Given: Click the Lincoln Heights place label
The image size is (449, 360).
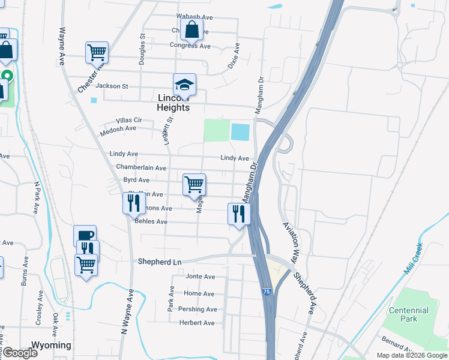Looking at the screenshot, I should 173,103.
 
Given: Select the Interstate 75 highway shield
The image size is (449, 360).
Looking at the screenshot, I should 266,292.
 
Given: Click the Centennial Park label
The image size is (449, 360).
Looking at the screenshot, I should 409,314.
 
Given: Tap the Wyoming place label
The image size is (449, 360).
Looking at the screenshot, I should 51,346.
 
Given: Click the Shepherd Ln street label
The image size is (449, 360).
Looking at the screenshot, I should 160,262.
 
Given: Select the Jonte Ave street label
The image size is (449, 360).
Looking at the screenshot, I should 200,277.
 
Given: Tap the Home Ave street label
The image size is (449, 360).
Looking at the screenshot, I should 199,293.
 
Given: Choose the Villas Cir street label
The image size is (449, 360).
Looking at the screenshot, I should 124,120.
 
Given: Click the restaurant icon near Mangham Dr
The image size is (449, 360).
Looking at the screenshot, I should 239,214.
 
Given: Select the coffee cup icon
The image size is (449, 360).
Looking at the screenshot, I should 85,236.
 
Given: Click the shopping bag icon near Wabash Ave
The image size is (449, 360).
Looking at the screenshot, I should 191,29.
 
